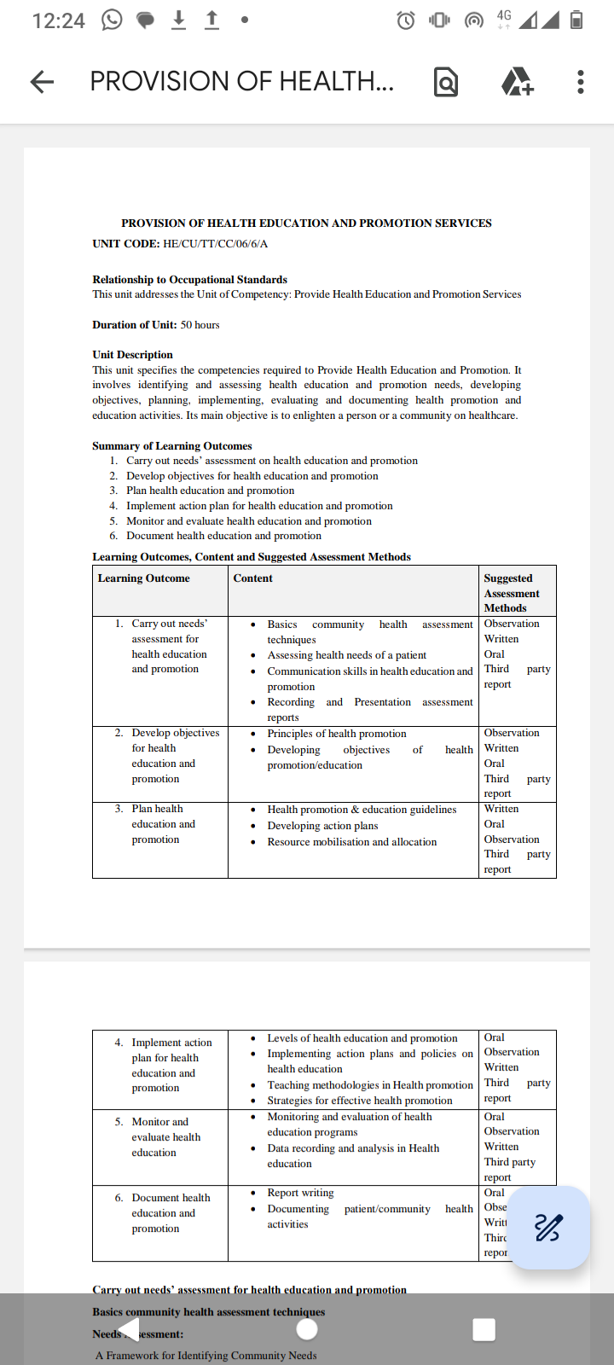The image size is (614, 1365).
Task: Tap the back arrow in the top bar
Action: (42, 82)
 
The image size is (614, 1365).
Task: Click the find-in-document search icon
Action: (445, 82)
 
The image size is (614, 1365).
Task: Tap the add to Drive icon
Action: (517, 82)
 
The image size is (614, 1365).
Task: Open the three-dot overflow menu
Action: (581, 82)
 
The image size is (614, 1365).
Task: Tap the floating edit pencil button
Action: (548, 1228)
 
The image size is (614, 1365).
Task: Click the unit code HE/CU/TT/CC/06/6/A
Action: (215, 244)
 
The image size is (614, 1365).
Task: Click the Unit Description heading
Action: (132, 355)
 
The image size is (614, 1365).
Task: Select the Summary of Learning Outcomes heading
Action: (172, 446)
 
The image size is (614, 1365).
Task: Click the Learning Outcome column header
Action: (143, 578)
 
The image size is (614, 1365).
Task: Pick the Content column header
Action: (252, 578)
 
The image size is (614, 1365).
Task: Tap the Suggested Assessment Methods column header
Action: (512, 593)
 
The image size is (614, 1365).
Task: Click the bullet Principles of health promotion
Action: (337, 734)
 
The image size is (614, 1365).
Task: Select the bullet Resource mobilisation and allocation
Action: (351, 842)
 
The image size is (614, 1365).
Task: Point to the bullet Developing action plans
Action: (322, 826)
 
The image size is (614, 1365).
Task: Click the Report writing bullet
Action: (300, 1193)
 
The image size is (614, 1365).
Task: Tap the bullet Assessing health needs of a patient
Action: (346, 655)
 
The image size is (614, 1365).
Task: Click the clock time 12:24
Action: (58, 20)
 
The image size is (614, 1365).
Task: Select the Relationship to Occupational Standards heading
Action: (189, 280)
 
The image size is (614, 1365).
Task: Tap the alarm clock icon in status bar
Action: (406, 20)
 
